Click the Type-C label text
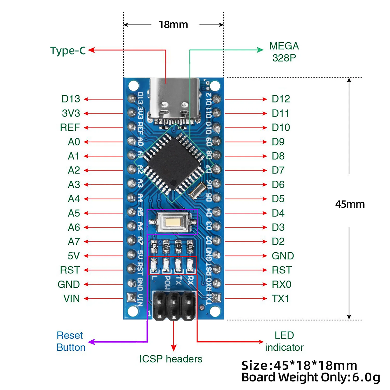click(x=68, y=51)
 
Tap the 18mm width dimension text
click(x=173, y=25)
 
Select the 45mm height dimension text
click(x=350, y=204)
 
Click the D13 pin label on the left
click(x=71, y=99)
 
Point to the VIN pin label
click(x=71, y=298)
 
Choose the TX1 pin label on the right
click(x=280, y=298)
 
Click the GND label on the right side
click(x=283, y=256)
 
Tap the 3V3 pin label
click(x=71, y=113)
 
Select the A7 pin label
click(x=74, y=242)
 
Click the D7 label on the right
click(x=278, y=170)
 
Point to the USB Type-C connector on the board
click(x=174, y=100)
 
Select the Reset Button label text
click(x=71, y=341)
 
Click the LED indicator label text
click(x=284, y=341)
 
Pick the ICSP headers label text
click(x=171, y=359)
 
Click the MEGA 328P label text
click(x=284, y=52)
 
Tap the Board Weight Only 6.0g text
click(x=311, y=377)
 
